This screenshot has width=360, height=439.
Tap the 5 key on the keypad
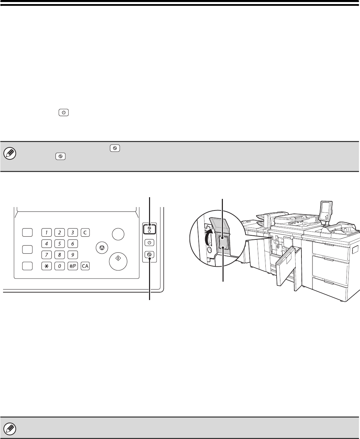pyautogui.click(x=60, y=244)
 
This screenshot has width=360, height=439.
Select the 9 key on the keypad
pyautogui.click(x=72, y=255)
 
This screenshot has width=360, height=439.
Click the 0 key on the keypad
pyautogui.click(x=60, y=266)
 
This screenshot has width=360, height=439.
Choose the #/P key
pyautogui.click(x=72, y=266)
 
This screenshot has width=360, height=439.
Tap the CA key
pyautogui.click(x=85, y=266)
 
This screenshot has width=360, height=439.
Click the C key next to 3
pyautogui.click(x=85, y=233)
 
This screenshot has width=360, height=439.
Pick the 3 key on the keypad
pyautogui.click(x=72, y=233)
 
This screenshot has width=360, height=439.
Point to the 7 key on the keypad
pyautogui.click(x=46, y=255)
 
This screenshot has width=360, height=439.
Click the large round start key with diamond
pyautogui.click(x=118, y=262)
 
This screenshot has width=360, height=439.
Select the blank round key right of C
pyautogui.click(x=118, y=234)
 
